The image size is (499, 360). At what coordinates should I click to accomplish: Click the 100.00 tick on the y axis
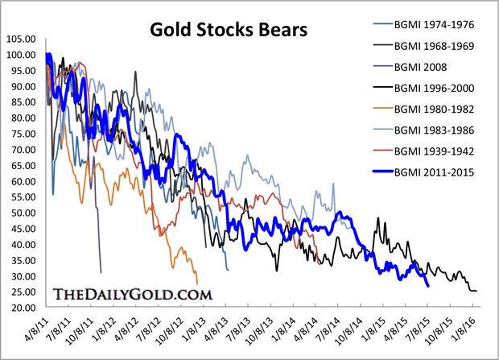click(19, 55)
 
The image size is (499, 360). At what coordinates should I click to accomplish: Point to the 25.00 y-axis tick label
click(21, 308)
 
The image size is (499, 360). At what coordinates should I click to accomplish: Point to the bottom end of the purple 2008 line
click(101, 271)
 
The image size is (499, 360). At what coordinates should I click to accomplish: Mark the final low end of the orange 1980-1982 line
click(197, 283)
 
